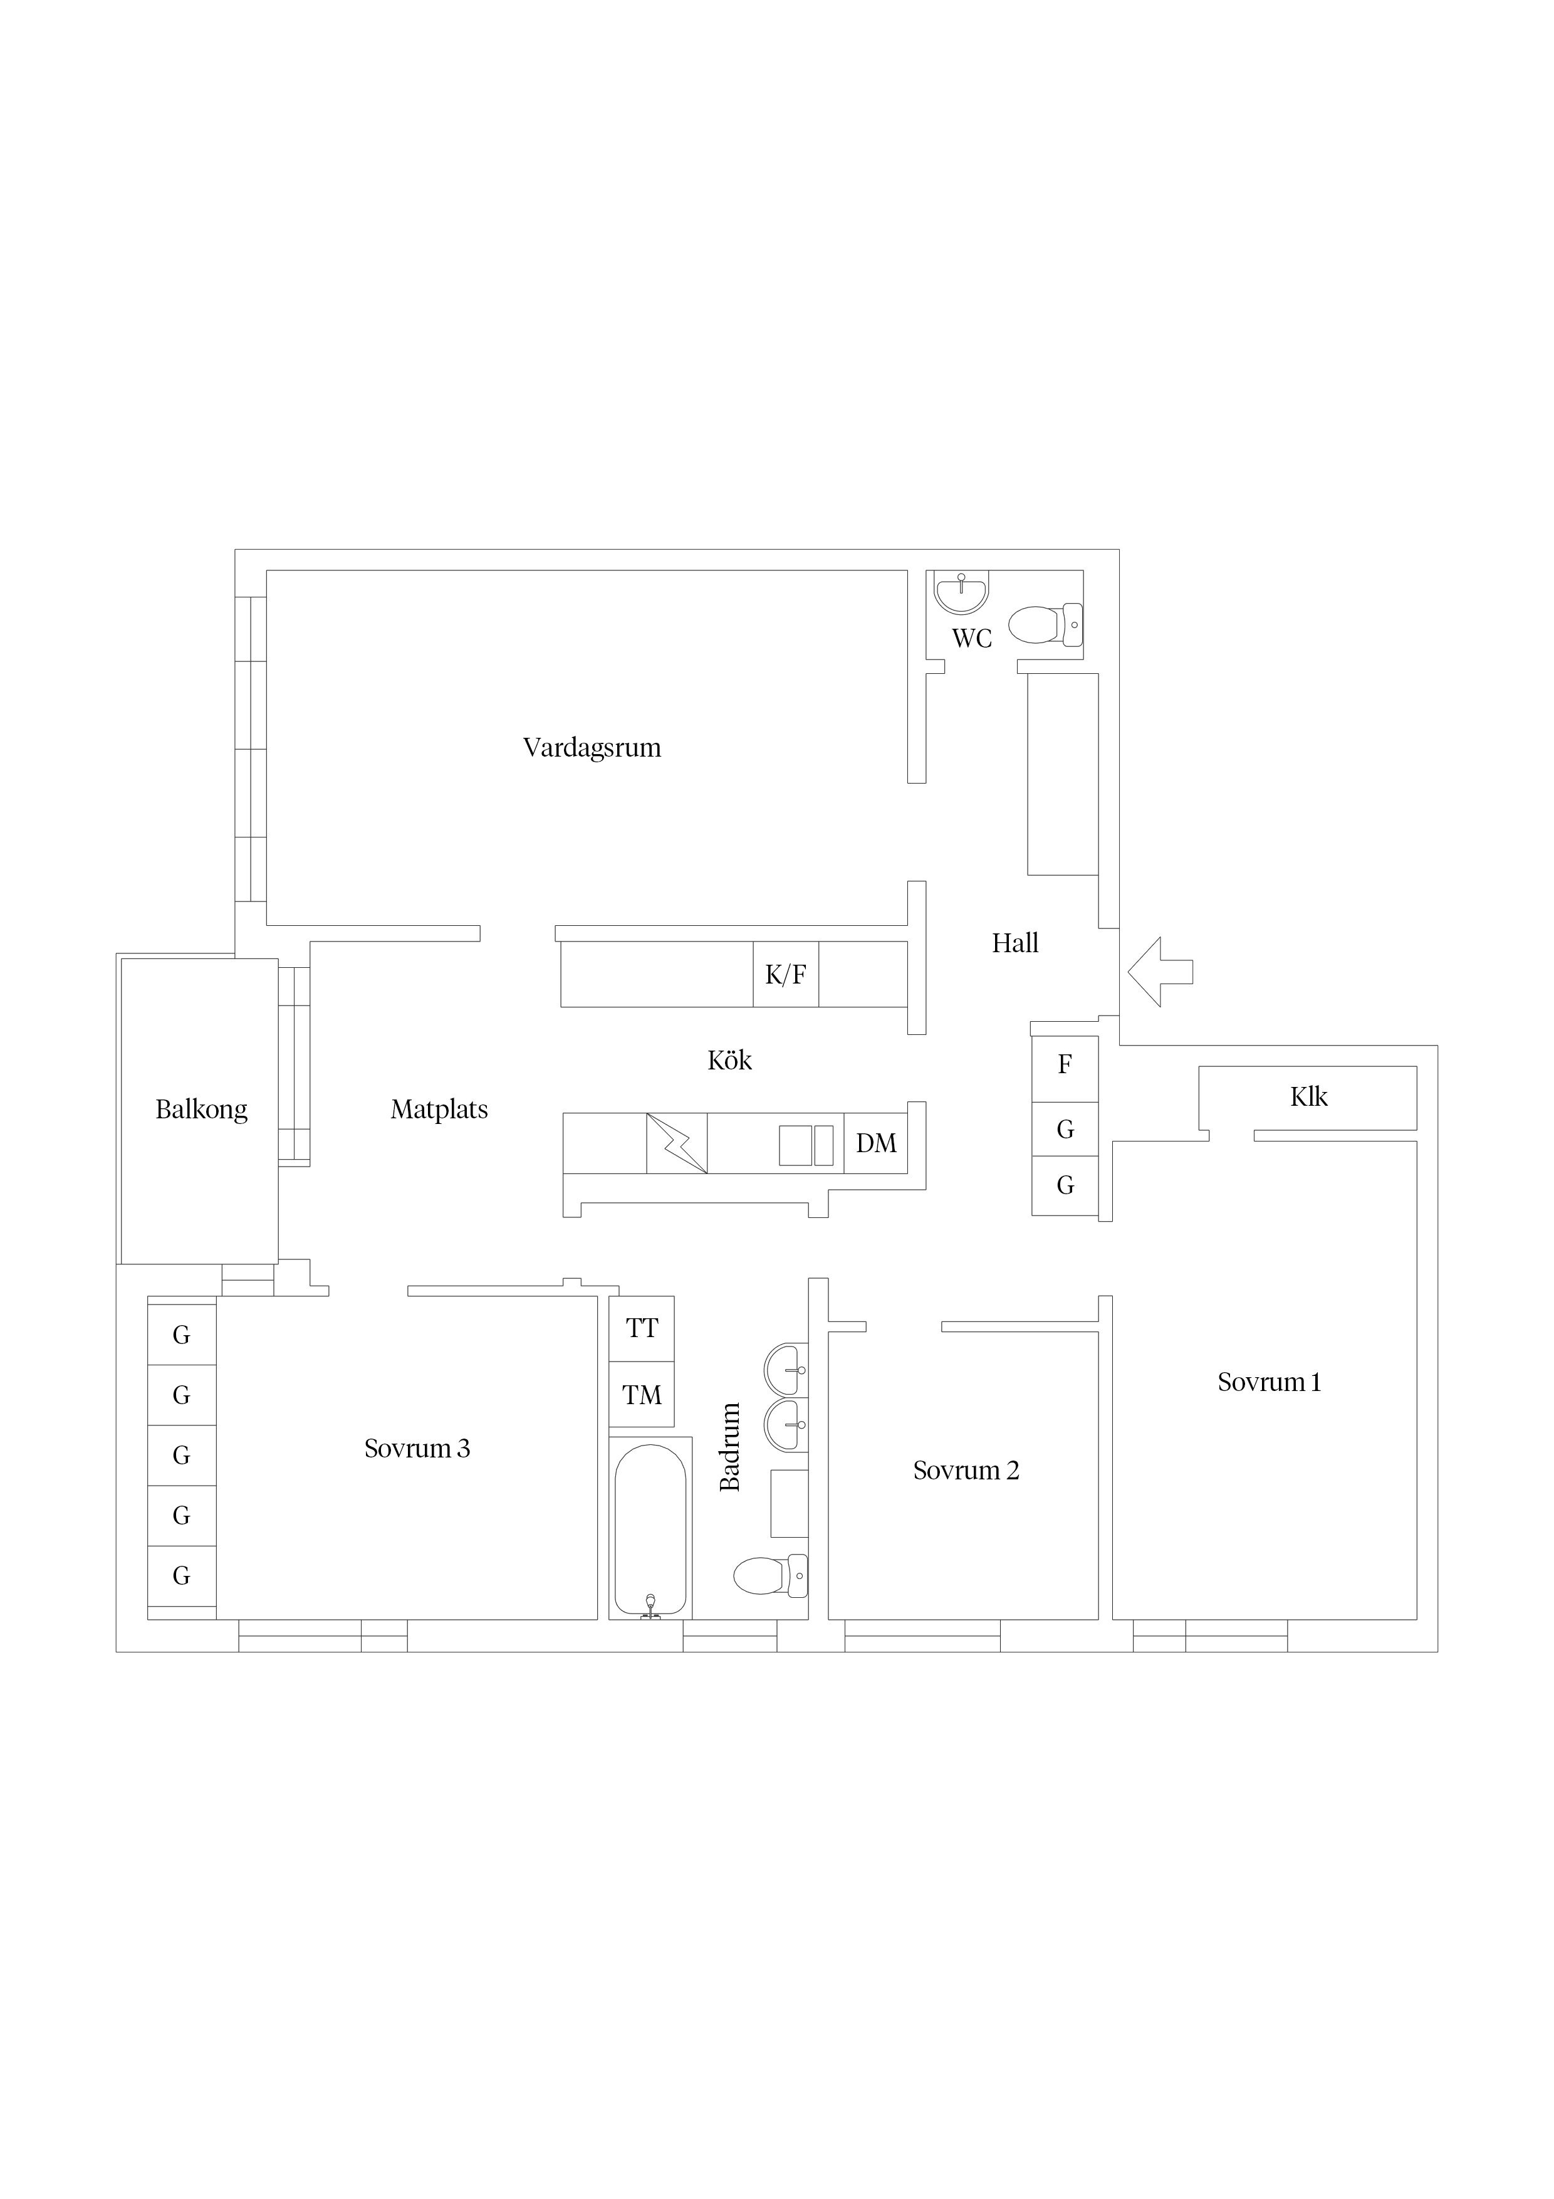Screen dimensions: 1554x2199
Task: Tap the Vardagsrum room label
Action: (x=592, y=747)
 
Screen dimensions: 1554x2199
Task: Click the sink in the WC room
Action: (x=961, y=592)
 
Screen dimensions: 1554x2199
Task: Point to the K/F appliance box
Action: (x=785, y=974)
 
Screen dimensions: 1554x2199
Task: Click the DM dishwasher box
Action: (x=875, y=1143)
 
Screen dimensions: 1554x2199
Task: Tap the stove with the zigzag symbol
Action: (x=677, y=1143)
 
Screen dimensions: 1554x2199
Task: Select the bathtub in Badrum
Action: (x=650, y=1531)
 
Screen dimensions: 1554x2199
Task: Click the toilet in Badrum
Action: (x=770, y=1575)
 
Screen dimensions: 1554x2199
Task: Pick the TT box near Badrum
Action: (x=642, y=1328)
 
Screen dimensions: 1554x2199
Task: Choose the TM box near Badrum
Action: (x=642, y=1395)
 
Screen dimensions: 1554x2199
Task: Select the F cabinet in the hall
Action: (x=1065, y=1069)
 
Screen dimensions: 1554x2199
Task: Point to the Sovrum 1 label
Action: (x=1269, y=1382)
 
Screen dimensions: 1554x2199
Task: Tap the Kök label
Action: (x=729, y=1060)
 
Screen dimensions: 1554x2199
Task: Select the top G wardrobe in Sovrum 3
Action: (x=182, y=1335)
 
